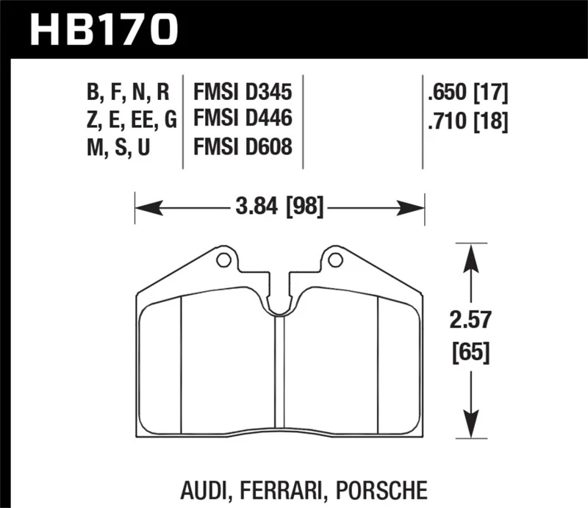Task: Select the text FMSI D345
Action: coord(243,93)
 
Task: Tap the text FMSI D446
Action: coord(243,120)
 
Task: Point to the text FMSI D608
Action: coord(243,147)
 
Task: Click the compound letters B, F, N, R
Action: coord(128,93)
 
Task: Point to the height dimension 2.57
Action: coord(470,321)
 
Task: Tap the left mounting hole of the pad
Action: coord(223,260)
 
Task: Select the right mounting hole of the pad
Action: coord(334,260)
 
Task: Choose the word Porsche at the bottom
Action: coord(374,487)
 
